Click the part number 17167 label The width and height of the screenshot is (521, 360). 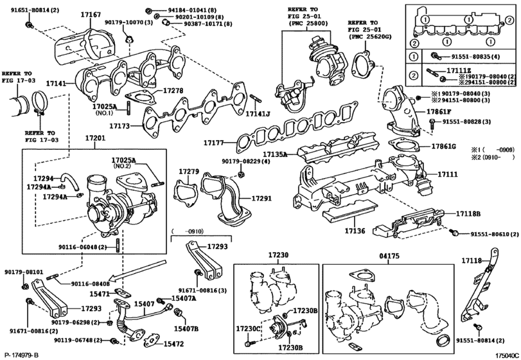(91, 15)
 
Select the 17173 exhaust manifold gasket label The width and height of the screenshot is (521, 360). (120, 126)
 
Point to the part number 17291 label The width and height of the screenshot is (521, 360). (261, 199)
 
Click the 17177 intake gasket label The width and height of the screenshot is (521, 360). (213, 143)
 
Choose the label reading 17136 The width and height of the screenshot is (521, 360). (355, 231)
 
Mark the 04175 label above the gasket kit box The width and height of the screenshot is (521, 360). (389, 256)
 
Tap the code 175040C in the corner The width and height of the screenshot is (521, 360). (507, 355)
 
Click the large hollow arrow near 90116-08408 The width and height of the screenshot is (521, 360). (138, 270)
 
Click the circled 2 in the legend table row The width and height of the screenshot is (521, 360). (413, 75)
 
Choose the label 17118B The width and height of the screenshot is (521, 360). (468, 213)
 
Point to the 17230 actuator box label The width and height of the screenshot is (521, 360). (278, 256)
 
